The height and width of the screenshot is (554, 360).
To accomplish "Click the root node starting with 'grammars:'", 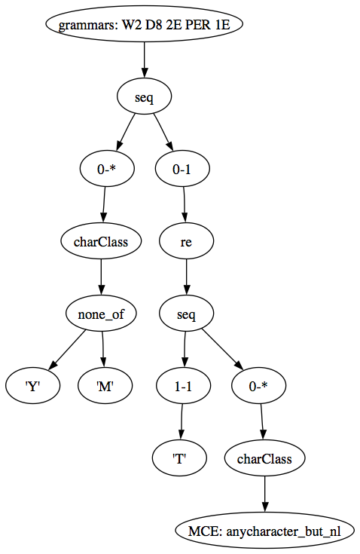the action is [144, 24].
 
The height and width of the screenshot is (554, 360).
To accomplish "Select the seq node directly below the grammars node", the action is [144, 96].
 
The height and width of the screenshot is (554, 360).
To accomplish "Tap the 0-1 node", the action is [182, 169].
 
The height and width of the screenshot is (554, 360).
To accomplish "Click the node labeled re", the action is [186, 241].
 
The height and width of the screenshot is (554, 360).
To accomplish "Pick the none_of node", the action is [101, 314].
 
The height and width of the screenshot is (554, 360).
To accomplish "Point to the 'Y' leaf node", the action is [32, 386].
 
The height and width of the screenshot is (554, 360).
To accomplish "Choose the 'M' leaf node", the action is [105, 386].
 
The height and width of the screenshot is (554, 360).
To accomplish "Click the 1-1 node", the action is [183, 386].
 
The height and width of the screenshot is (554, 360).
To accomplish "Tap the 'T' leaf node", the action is [179, 458].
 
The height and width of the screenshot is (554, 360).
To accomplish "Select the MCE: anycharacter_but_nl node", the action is [264, 531].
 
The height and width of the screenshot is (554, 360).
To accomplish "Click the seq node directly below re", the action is [186, 314].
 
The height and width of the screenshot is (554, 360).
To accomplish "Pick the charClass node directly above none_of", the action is [101, 241].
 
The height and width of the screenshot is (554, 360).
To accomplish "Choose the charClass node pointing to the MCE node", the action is [264, 458].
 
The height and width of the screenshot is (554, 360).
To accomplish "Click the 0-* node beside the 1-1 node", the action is [259, 386].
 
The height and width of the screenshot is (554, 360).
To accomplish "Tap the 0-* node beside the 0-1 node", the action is [107, 169].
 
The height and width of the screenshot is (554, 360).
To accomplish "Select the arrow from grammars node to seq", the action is [144, 60].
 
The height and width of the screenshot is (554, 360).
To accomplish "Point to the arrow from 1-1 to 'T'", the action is [182, 422].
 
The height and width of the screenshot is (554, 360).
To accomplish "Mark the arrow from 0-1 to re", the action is [185, 205].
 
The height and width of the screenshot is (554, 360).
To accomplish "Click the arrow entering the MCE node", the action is [264, 494].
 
